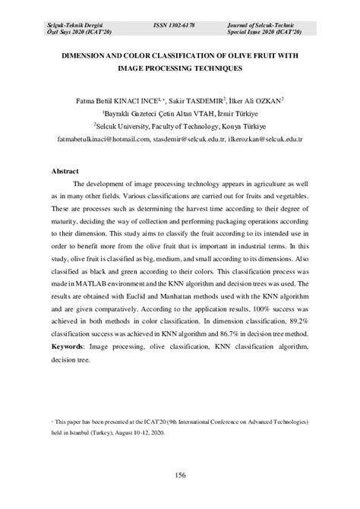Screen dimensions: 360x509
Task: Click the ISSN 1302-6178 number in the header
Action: click(174, 24)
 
